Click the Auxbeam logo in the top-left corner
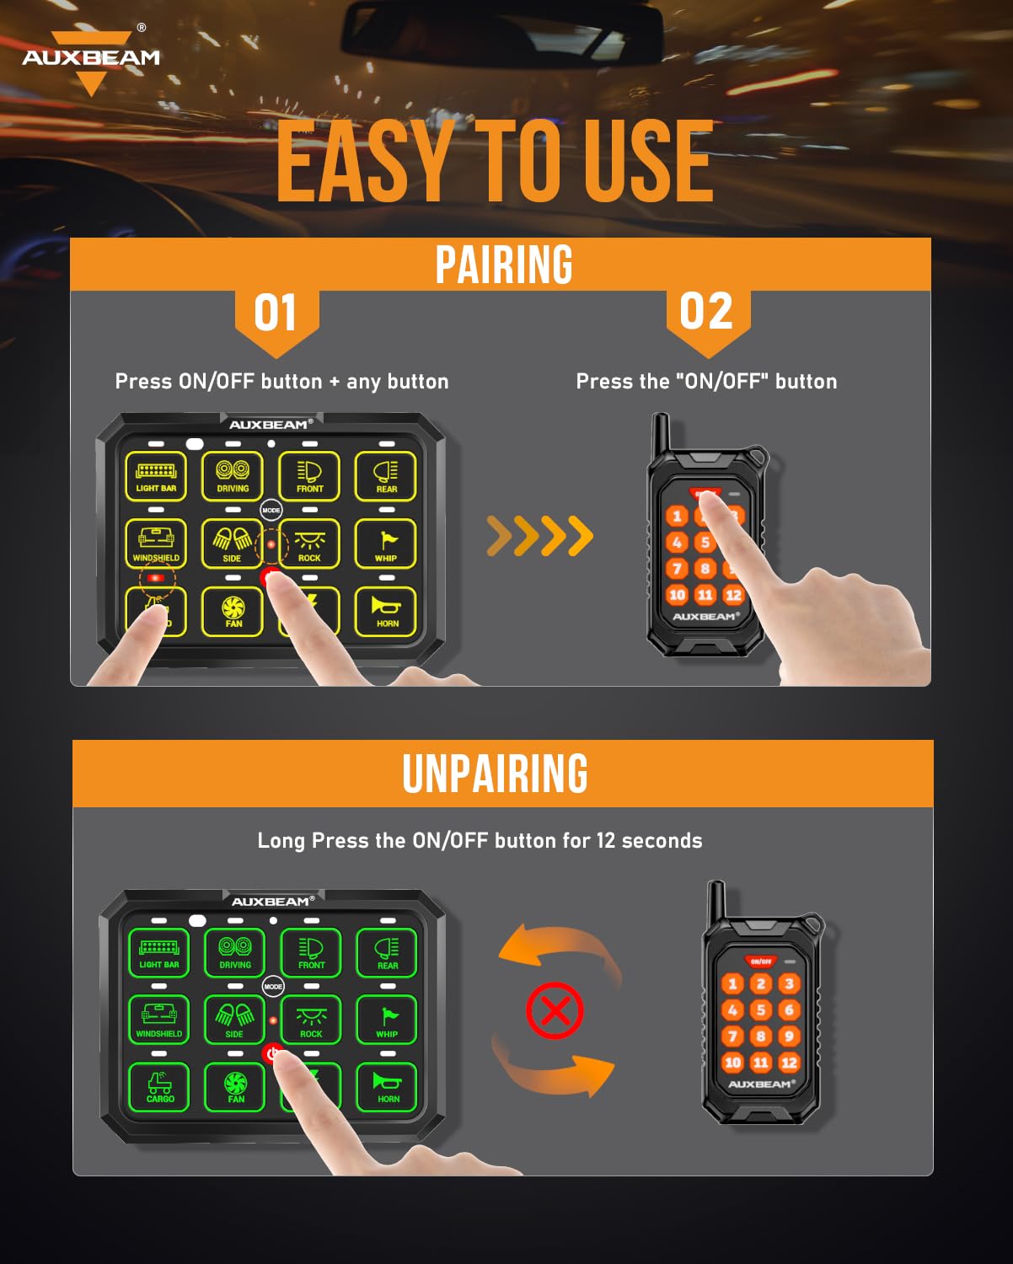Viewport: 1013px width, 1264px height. pyautogui.click(x=90, y=59)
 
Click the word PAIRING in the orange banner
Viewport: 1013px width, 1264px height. pyautogui.click(x=503, y=265)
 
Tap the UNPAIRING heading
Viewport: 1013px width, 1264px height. pyautogui.click(x=495, y=774)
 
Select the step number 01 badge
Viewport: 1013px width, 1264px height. pyautogui.click(x=276, y=313)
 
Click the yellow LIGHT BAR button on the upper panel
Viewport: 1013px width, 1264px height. pyautogui.click(x=156, y=476)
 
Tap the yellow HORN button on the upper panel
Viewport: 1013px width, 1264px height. pyautogui.click(x=387, y=611)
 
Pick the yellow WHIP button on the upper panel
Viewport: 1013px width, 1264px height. pyautogui.click(x=386, y=544)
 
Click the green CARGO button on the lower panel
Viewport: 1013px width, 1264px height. pyautogui.click(x=159, y=1087)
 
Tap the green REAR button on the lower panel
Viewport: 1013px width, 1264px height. pyautogui.click(x=388, y=952)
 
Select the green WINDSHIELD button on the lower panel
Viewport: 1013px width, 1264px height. pyautogui.click(x=158, y=1020)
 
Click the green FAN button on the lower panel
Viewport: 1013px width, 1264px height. pyautogui.click(x=236, y=1087)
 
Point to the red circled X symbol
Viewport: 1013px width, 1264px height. pyautogui.click(x=555, y=1010)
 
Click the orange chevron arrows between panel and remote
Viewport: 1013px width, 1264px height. pyautogui.click(x=540, y=536)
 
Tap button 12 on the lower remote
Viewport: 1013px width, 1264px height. pyautogui.click(x=789, y=1063)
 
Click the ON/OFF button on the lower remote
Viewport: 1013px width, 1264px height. pyautogui.click(x=760, y=961)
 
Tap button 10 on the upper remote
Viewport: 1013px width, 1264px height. pyautogui.click(x=677, y=595)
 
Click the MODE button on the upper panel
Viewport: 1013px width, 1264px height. pyautogui.click(x=271, y=510)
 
